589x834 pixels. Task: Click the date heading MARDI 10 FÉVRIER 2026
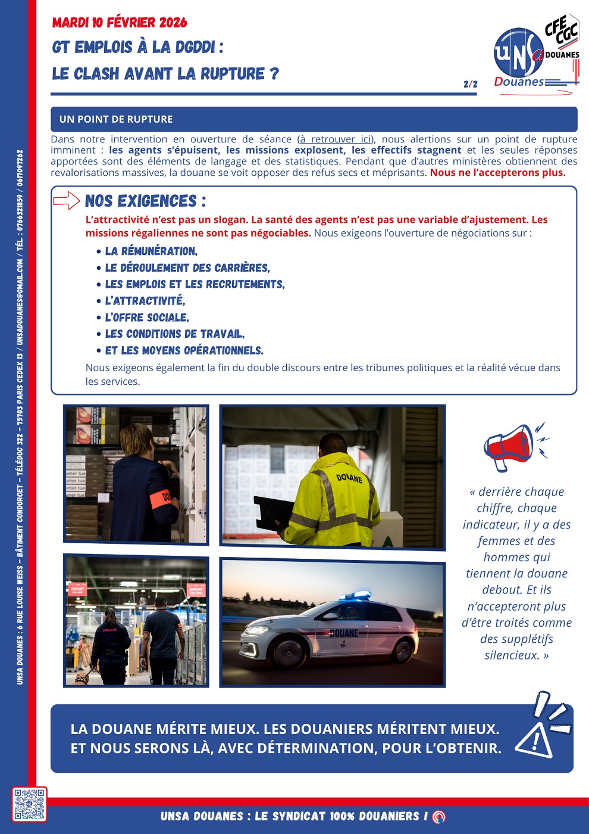[x=120, y=23]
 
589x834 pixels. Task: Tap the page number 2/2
[x=470, y=84]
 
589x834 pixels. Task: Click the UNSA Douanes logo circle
[x=518, y=54]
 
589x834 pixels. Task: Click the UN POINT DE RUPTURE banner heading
[x=116, y=119]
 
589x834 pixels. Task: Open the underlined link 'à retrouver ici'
[x=336, y=139]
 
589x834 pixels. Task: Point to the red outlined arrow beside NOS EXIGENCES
[x=66, y=201]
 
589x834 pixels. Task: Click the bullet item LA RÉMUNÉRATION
[x=151, y=251]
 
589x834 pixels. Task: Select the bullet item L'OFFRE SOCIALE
[x=147, y=318]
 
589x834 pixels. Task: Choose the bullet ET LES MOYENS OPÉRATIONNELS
[x=184, y=350]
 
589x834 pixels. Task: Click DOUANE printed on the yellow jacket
[x=349, y=477]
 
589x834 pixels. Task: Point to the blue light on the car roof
[x=355, y=595]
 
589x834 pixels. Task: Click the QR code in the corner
[x=29, y=804]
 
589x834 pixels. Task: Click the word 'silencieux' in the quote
[x=512, y=655]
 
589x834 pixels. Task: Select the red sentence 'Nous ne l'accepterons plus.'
[x=497, y=173]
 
